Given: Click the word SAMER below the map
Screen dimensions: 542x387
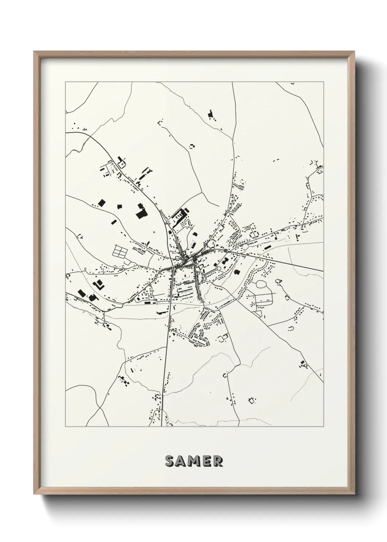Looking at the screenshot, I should click(x=194, y=461).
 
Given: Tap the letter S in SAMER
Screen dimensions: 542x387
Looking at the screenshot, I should click(x=170, y=461).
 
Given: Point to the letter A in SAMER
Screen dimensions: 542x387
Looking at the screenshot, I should click(x=181, y=461).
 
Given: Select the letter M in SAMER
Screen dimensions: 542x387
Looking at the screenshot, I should click(x=194, y=461).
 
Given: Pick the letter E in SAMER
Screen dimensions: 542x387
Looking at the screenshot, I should click(x=207, y=461).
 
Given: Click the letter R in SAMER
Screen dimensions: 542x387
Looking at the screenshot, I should click(x=218, y=461).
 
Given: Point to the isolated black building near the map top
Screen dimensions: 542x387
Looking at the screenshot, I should click(x=210, y=115).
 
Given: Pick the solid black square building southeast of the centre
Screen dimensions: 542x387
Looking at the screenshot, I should click(x=237, y=272).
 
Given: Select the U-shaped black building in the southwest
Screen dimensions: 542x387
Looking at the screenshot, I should click(x=98, y=284).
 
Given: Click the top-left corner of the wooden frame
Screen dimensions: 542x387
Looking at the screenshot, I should click(x=34, y=52).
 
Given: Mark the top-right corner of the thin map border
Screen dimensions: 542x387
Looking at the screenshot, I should click(x=324, y=82).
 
